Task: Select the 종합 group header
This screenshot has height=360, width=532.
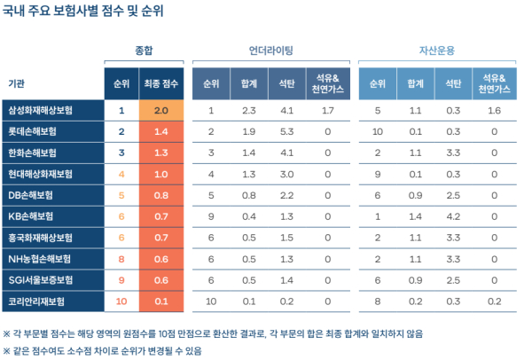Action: (143, 51)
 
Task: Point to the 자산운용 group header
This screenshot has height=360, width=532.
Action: (436, 51)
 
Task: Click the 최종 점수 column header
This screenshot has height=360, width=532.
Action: (160, 83)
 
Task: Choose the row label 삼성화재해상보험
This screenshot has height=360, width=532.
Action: (42, 111)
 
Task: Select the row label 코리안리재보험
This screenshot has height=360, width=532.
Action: (36, 301)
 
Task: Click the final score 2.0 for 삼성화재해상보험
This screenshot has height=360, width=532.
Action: (160, 111)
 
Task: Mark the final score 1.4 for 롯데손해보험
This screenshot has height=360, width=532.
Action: (160, 131)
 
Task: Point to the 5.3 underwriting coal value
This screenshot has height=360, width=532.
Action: (286, 131)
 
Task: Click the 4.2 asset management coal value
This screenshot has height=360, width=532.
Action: (453, 215)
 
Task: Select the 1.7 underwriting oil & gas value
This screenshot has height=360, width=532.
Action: (327, 111)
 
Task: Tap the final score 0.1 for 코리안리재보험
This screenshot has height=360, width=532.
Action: (160, 301)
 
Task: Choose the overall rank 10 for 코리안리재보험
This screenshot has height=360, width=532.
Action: (121, 301)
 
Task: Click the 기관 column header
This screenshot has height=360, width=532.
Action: (16, 83)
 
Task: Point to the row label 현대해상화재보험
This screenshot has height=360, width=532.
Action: (42, 173)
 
